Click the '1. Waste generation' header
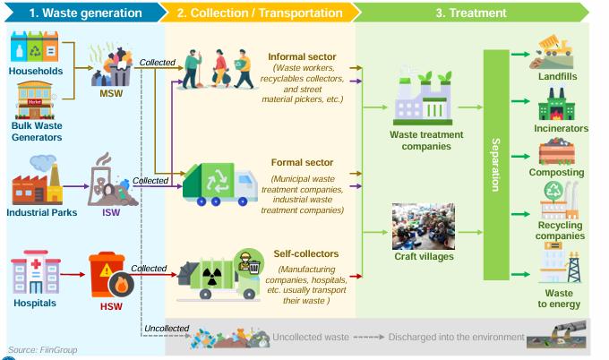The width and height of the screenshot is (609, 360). coord(85,13)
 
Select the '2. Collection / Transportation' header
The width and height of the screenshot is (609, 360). coord(260,13)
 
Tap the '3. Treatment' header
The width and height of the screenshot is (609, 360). coord(470,13)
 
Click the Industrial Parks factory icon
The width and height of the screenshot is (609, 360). coord(37,182)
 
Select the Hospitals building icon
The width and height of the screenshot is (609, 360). coord(35,274)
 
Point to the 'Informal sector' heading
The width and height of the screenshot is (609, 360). coord(301,56)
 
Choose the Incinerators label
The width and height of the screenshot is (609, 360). coord(561,128)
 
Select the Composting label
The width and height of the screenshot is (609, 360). coord(556,172)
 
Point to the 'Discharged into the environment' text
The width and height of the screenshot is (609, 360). coord(456,337)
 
